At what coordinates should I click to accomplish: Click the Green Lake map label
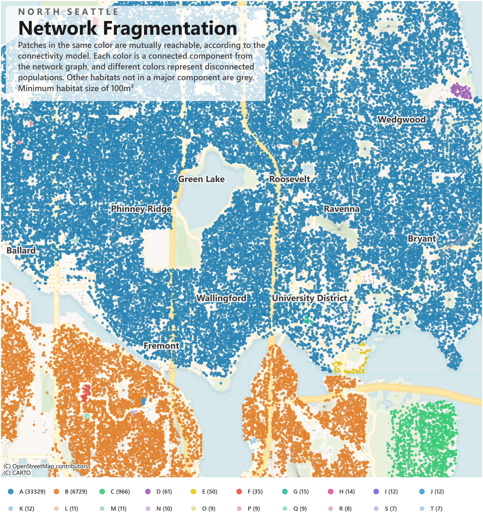point(201,179)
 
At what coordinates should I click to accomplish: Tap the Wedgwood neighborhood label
point(401,120)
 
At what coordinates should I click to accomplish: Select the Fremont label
point(161,346)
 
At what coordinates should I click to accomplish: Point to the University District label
point(310,298)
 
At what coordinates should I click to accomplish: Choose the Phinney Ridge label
point(141,209)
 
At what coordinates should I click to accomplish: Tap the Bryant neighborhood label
point(421,239)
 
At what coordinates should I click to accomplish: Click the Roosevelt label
point(289,179)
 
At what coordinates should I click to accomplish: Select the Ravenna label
point(341,209)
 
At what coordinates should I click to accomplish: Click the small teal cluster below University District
point(308,320)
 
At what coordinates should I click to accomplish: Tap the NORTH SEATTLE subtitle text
point(68,12)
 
